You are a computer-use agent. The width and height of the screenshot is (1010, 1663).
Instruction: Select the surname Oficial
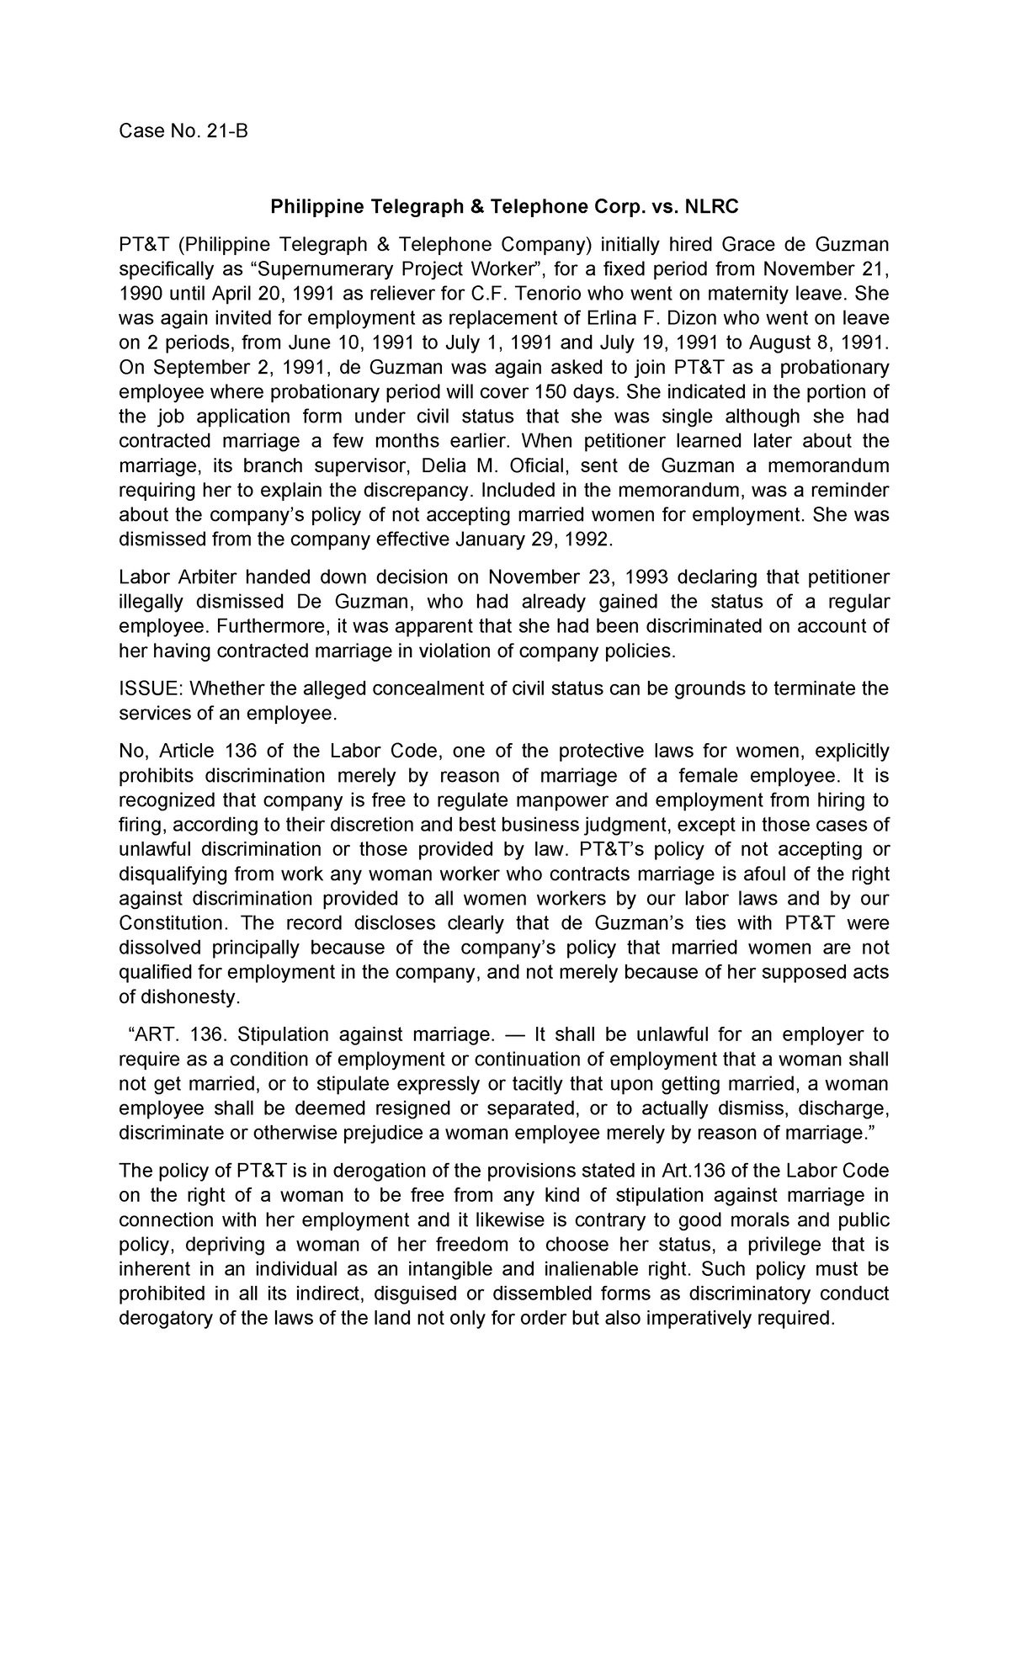pos(547,466)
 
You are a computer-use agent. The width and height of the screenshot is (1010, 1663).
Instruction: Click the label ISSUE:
pos(151,689)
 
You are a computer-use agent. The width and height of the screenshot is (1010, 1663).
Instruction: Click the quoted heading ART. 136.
pos(176,1034)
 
